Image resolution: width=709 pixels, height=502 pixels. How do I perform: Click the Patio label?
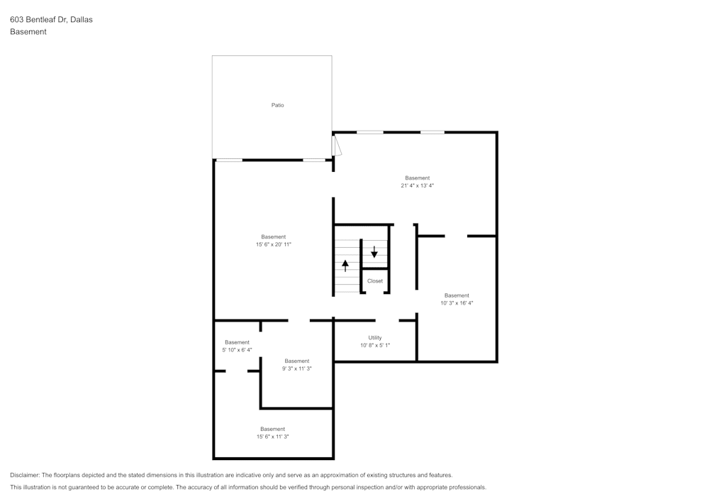(x=278, y=105)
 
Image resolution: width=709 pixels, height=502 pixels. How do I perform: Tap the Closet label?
(x=375, y=281)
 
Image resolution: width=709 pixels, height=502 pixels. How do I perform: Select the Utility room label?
(x=375, y=338)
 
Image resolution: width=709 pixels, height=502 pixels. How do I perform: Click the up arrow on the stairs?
(x=345, y=266)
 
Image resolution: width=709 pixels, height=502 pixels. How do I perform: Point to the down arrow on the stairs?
(x=374, y=251)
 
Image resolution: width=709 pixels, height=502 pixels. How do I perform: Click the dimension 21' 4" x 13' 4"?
(x=418, y=185)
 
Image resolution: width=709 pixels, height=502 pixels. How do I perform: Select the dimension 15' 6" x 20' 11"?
(x=274, y=244)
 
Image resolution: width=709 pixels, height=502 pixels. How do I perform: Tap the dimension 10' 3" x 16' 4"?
(x=457, y=303)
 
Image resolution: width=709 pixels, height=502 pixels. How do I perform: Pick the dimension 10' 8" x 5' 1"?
(x=375, y=345)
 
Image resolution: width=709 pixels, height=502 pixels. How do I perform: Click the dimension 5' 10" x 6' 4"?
(x=237, y=350)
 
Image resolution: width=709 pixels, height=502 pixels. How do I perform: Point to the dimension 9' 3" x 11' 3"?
(x=297, y=369)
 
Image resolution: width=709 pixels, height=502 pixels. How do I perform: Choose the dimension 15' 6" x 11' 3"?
(x=273, y=437)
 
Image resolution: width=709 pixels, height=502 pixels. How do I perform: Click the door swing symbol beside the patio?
(x=337, y=146)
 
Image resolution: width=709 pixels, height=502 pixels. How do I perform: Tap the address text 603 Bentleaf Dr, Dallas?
(x=51, y=19)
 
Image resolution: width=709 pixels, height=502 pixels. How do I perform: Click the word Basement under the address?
(x=28, y=32)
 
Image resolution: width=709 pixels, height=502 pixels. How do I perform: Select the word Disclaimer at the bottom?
(x=24, y=475)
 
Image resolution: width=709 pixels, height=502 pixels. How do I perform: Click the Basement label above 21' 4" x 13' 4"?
(x=418, y=178)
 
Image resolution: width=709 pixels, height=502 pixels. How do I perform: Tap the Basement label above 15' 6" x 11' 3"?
(x=273, y=429)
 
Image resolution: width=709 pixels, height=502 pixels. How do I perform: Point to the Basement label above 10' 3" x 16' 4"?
(x=457, y=295)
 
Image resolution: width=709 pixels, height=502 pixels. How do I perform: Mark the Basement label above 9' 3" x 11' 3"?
(x=297, y=361)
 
